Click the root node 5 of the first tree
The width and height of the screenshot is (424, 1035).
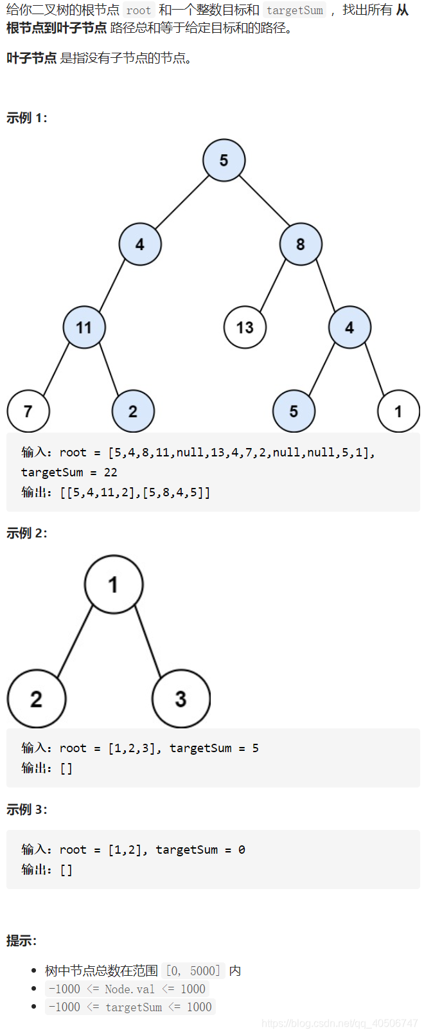pyautogui.click(x=224, y=160)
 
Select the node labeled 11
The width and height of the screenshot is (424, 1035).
pyautogui.click(x=84, y=327)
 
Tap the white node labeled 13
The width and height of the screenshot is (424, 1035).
pyautogui.click(x=245, y=327)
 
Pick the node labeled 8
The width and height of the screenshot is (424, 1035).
pyautogui.click(x=301, y=244)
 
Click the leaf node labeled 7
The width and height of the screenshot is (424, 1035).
pyautogui.click(x=28, y=411)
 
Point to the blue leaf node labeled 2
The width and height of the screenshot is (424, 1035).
pyautogui.click(x=133, y=411)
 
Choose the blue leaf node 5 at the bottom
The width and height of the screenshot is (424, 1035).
pyautogui.click(x=294, y=411)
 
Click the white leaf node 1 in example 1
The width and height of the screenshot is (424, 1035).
pyautogui.click(x=398, y=411)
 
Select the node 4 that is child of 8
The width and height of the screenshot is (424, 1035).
pyautogui.click(x=349, y=327)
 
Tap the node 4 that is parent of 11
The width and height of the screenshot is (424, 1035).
pyautogui.click(x=140, y=244)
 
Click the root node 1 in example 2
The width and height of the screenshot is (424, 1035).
pyautogui.click(x=114, y=584)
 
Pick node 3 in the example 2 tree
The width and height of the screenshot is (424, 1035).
pyautogui.click(x=181, y=699)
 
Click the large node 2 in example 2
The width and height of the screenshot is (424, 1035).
pyautogui.click(x=37, y=699)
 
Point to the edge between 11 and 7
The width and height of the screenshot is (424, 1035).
pyautogui.click(x=56, y=370)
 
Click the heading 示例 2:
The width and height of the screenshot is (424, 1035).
pyautogui.click(x=27, y=533)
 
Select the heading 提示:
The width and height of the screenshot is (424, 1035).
pyautogui.click(x=22, y=941)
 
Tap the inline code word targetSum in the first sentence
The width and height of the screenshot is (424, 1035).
pyautogui.click(x=295, y=10)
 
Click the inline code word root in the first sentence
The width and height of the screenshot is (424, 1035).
pyautogui.click(x=139, y=10)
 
